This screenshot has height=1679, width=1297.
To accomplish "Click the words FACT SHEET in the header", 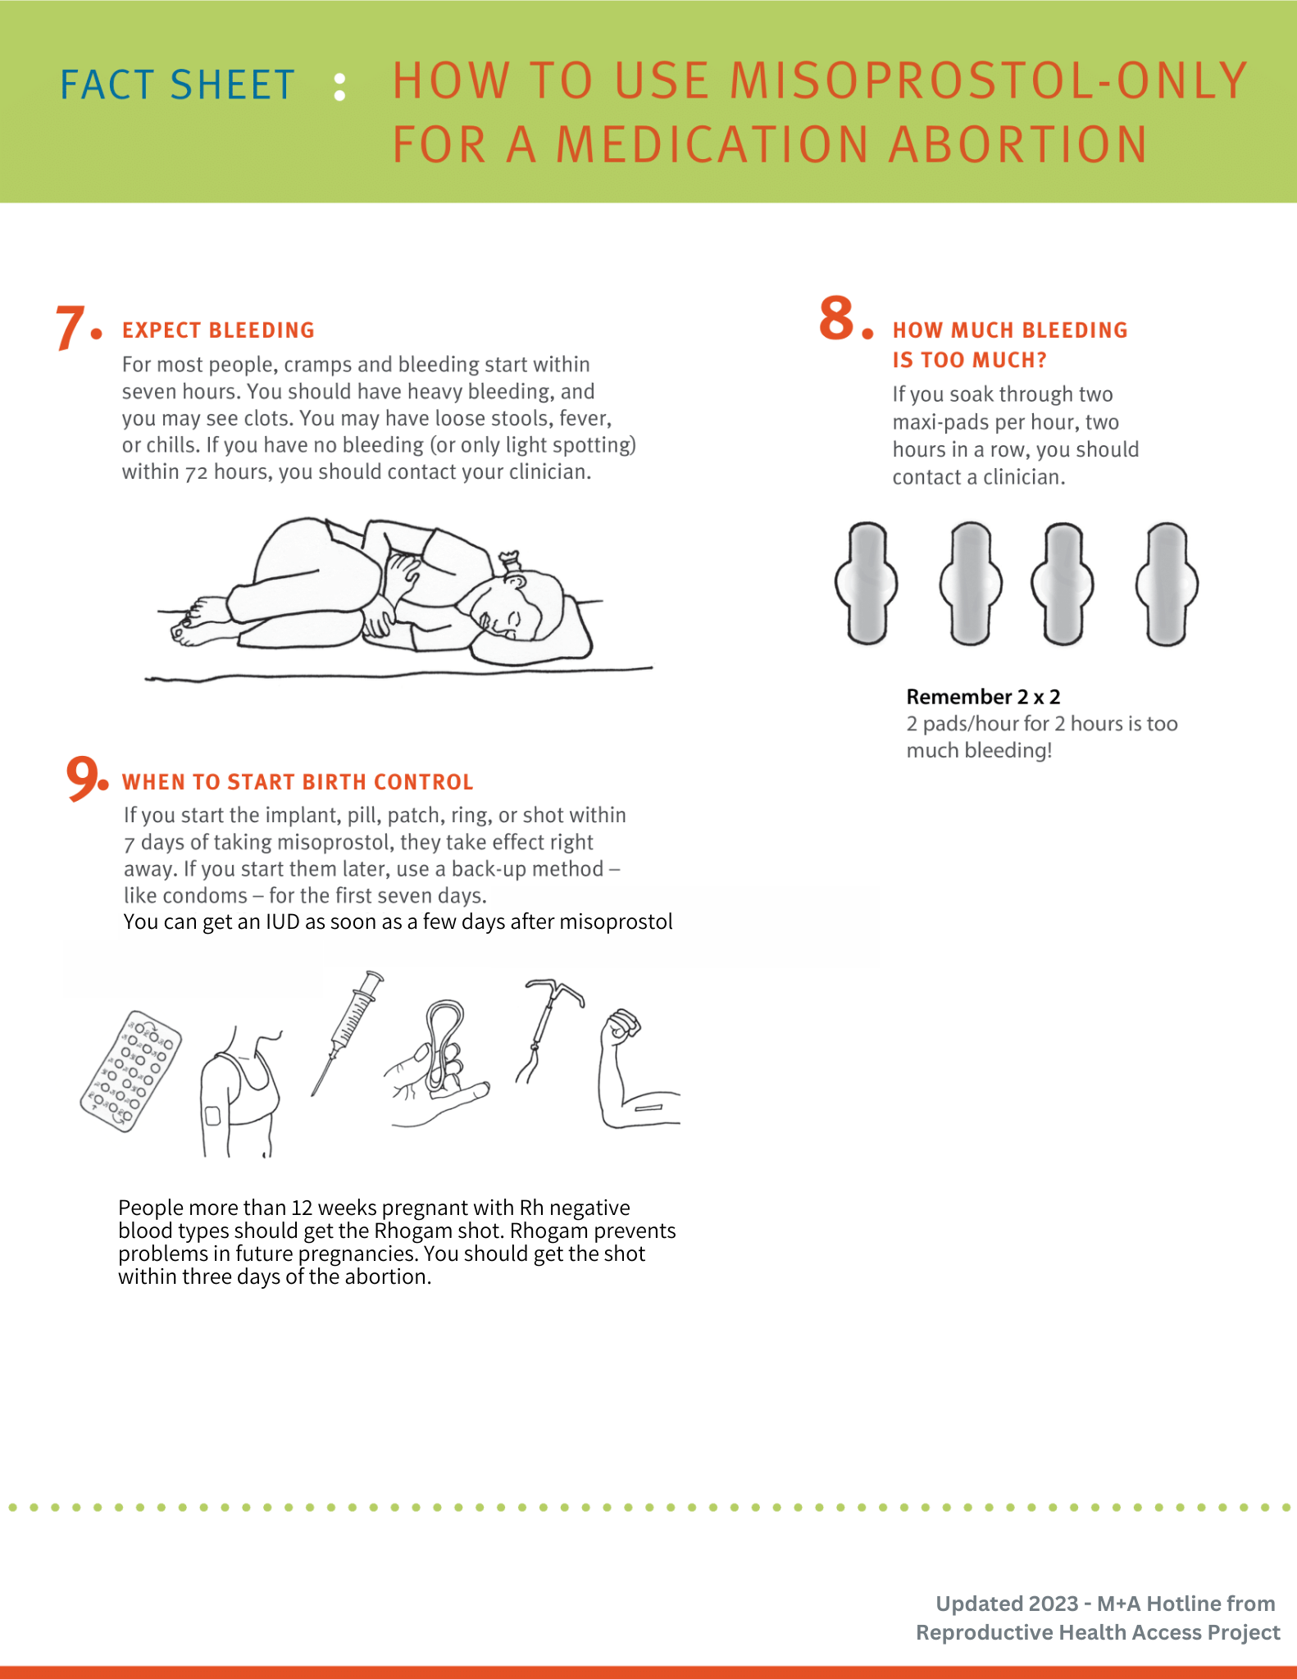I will pos(177,85).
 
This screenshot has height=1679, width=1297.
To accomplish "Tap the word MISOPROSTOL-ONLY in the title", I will pos(988,81).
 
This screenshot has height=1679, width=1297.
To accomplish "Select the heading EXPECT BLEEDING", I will pos(218,330).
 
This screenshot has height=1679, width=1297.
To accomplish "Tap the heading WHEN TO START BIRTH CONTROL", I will pos(298,782).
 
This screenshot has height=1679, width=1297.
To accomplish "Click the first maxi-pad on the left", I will pos(867,583).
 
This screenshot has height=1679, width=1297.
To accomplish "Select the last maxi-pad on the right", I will pos(1167,584).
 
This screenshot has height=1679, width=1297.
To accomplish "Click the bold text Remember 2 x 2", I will pos(983,697).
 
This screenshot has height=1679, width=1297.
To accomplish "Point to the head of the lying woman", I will pos(517,607).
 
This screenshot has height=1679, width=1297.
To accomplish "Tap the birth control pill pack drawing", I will pos(131,1071).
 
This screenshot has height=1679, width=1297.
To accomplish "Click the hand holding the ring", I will pos(439,1066).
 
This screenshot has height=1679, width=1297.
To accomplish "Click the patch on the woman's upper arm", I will pos(212,1116).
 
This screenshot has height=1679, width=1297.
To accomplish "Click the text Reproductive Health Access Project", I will pos(1097,1632).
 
